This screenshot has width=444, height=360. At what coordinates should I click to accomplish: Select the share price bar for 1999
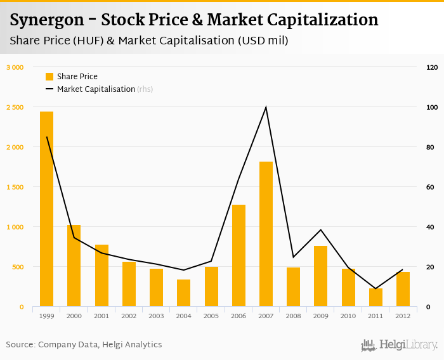coord(46,209)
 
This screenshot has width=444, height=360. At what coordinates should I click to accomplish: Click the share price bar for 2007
coord(266,235)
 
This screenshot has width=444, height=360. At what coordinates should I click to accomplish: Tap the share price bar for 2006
coord(238,256)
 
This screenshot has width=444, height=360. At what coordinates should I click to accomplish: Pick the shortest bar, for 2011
coord(375,298)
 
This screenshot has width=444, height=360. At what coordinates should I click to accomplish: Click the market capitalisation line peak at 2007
coord(266,107)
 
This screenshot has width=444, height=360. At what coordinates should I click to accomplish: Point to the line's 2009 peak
coord(321,229)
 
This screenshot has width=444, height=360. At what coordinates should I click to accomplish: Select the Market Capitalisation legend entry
coord(96,89)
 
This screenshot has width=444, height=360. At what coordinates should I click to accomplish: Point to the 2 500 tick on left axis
coord(15,107)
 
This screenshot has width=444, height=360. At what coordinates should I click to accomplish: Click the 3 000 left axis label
coord(15,67)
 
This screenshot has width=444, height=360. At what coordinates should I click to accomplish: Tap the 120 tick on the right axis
coord(432,67)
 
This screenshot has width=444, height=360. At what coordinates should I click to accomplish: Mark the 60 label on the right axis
coord(430,187)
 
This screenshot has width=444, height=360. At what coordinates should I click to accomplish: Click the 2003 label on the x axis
coord(156,316)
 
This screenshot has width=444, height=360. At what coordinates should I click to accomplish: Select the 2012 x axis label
coord(403,316)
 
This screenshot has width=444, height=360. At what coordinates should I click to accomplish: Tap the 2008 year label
coord(293,316)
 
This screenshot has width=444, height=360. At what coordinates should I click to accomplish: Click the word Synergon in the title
coord(46,20)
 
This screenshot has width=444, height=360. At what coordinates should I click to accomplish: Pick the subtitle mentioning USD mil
coord(149,41)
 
